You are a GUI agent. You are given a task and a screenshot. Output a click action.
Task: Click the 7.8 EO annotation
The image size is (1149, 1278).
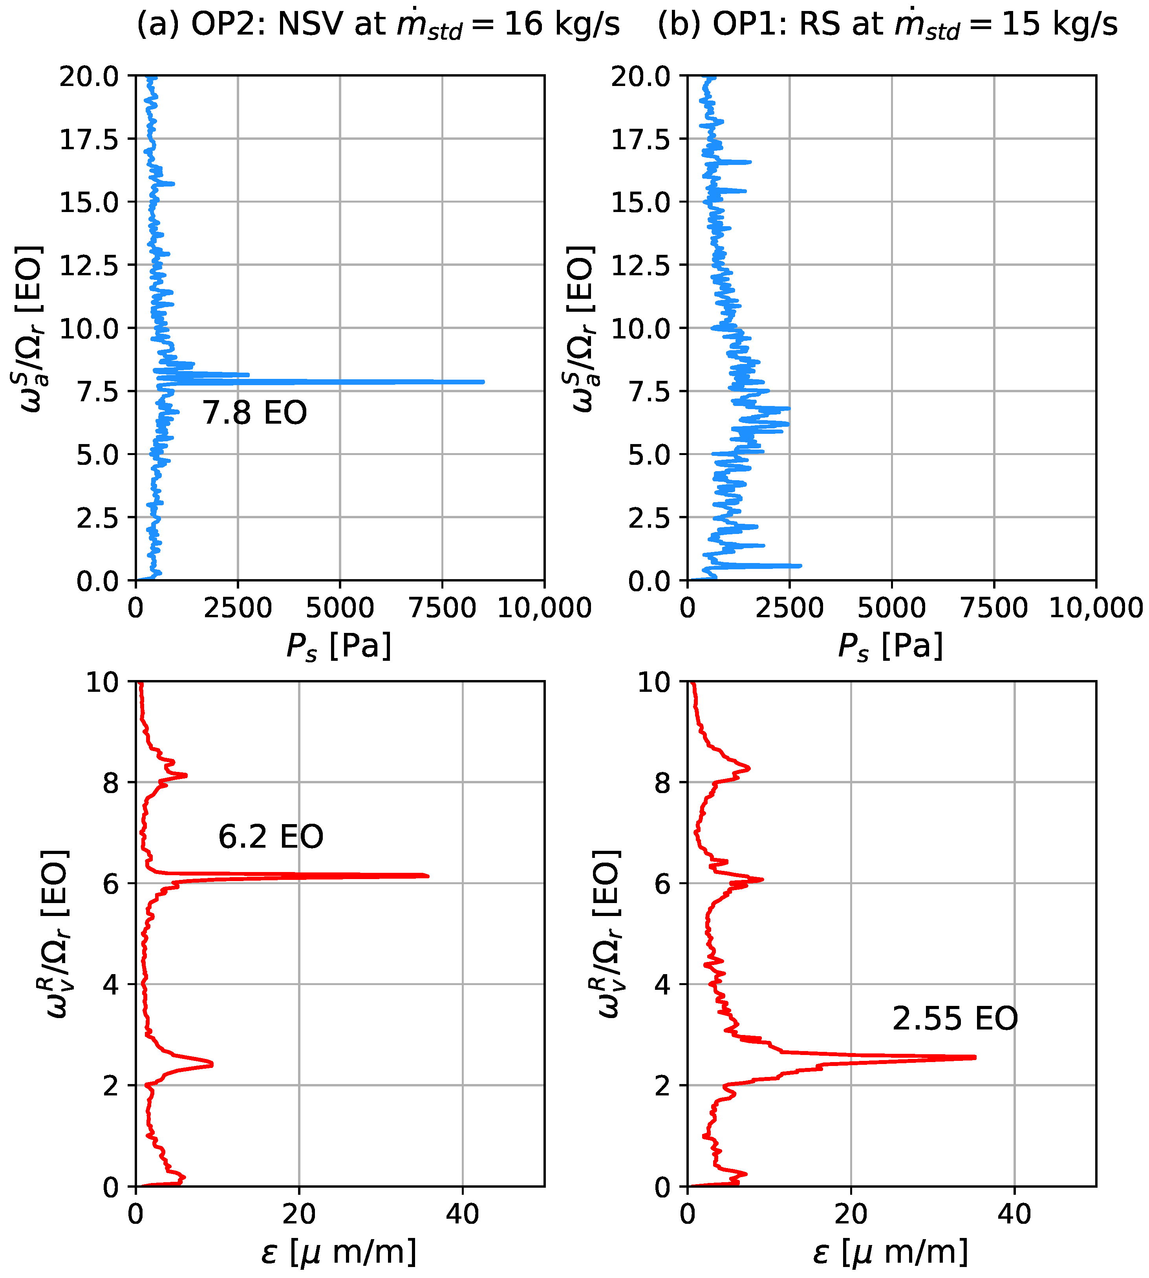254,413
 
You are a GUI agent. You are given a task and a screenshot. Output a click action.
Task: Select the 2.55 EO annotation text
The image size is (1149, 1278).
955,1018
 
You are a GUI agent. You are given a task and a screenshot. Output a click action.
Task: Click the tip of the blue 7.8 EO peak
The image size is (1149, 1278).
483,382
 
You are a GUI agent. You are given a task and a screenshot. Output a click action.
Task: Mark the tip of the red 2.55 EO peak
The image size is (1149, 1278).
975,1057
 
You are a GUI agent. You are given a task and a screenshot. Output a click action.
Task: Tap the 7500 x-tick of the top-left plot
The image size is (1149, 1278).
442,608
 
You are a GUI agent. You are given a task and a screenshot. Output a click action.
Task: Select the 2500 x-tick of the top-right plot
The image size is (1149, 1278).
789,608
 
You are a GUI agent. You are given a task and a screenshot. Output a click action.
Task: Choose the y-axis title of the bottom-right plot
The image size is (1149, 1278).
607,934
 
